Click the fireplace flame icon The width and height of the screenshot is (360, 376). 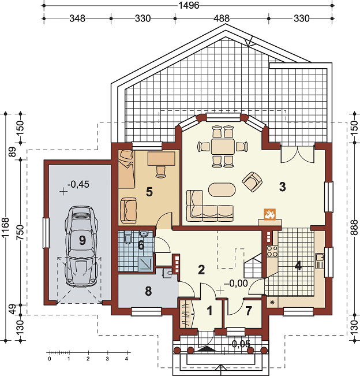coord(269,214)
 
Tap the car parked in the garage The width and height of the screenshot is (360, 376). coord(81,246)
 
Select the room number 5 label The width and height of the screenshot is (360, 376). coord(149,192)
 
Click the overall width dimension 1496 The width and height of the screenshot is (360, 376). coord(189,5)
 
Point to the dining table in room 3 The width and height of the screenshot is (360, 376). coord(223,147)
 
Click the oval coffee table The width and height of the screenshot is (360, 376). coord(222,189)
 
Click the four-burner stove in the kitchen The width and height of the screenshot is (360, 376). coord(272,251)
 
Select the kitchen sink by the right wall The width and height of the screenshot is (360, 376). coord(320,260)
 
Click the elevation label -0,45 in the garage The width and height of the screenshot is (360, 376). coord(78,184)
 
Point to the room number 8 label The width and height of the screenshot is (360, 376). coord(148,291)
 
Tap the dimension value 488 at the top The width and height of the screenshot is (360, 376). coord(222,18)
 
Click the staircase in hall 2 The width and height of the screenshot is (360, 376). coord(253,266)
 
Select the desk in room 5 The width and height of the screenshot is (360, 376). coord(162,158)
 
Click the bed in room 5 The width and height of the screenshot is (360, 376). coord(126,169)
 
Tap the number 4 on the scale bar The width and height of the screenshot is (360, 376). coord(126,359)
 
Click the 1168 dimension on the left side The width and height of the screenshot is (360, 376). coord(5,227)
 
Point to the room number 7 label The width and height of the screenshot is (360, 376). coord(249,311)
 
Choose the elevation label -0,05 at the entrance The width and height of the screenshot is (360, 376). coord(239,344)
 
